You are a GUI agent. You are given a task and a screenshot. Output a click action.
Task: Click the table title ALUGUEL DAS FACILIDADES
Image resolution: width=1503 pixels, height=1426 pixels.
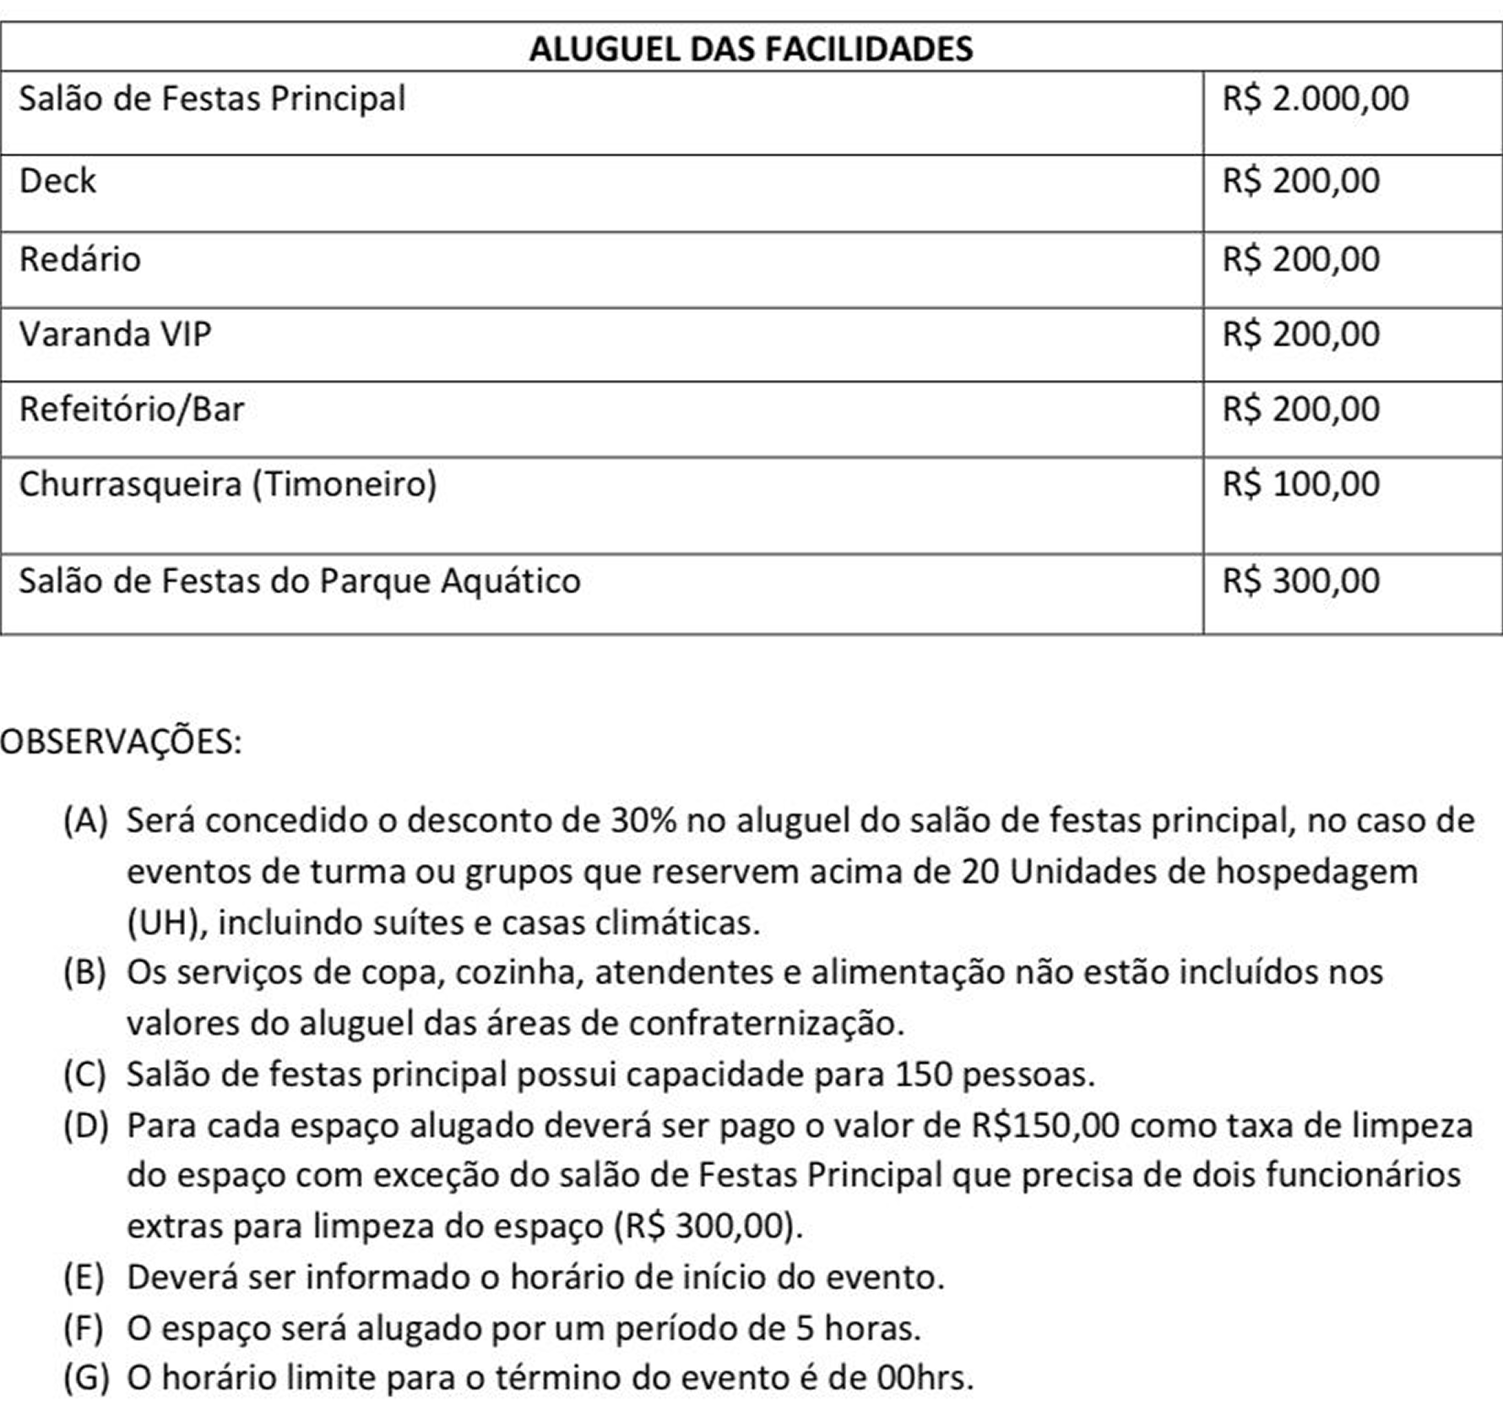(x=751, y=48)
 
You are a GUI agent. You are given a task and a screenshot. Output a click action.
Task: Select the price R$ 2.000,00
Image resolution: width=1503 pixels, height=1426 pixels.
(x=1316, y=99)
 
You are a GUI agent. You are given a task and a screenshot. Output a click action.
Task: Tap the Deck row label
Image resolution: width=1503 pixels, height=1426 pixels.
(x=57, y=181)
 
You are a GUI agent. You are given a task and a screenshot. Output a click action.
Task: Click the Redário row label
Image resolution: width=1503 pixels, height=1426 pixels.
(x=80, y=259)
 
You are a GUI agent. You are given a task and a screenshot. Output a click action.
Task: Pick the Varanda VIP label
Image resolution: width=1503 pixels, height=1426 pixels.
(x=115, y=335)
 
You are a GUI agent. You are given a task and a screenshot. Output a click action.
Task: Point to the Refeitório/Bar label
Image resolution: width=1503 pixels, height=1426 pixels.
(x=132, y=410)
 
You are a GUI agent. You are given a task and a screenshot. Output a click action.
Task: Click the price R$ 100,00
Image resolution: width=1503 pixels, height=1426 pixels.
(x=1301, y=484)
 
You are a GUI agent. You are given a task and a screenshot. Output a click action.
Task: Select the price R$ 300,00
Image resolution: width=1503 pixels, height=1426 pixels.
(x=1301, y=581)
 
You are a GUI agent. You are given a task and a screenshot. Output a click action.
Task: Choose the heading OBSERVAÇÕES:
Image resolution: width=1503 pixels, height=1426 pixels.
(x=121, y=742)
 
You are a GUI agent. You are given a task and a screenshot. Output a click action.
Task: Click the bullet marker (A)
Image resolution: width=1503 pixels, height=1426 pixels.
(x=85, y=820)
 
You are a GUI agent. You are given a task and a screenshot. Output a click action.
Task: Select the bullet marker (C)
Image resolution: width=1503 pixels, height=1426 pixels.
(x=84, y=1075)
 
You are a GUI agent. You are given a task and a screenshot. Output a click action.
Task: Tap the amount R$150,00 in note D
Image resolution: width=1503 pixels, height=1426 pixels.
(x=1045, y=1125)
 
